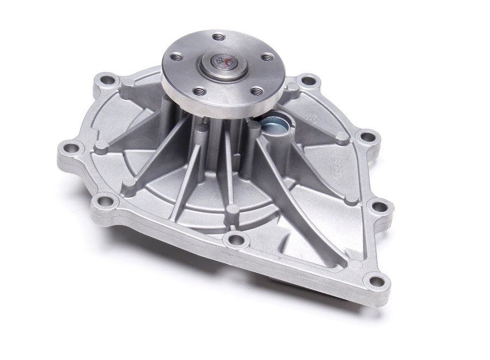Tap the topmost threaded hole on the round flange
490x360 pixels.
coord(218,37)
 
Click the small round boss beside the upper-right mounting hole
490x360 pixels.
coord(294,87)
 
